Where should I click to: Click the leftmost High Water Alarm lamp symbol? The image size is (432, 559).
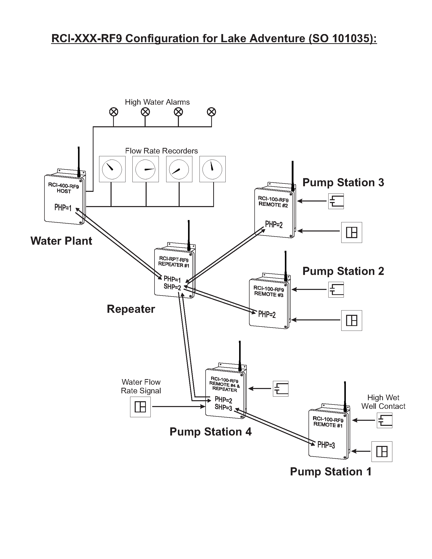pos(114,112)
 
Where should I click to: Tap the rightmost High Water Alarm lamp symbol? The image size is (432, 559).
pos(211,112)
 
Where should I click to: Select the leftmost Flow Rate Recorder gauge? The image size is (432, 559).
pos(112,169)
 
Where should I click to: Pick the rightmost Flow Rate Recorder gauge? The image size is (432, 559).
pos(212,169)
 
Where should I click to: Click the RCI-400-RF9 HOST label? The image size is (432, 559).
pos(64,188)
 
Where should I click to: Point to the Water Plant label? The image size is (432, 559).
pos(61,241)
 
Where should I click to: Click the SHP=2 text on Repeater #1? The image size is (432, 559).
pos(172,287)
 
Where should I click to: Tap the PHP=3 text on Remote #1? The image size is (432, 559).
pos(326,445)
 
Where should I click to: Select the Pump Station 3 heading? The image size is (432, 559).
pos(343,182)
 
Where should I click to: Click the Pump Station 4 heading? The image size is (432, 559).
pos(211,432)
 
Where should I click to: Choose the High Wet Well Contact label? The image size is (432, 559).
pos(383,402)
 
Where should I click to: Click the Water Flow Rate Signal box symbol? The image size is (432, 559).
pos(140,407)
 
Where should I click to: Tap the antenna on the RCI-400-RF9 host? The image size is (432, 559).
pos(79,161)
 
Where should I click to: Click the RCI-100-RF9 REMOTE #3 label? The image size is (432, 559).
pos(269,291)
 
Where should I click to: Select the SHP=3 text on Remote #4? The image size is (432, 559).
pos(223,407)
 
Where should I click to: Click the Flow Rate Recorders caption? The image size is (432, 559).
pos(161,151)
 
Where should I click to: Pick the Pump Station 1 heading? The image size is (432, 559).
pos(331,471)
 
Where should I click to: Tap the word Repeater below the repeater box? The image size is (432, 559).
pos(131,309)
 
